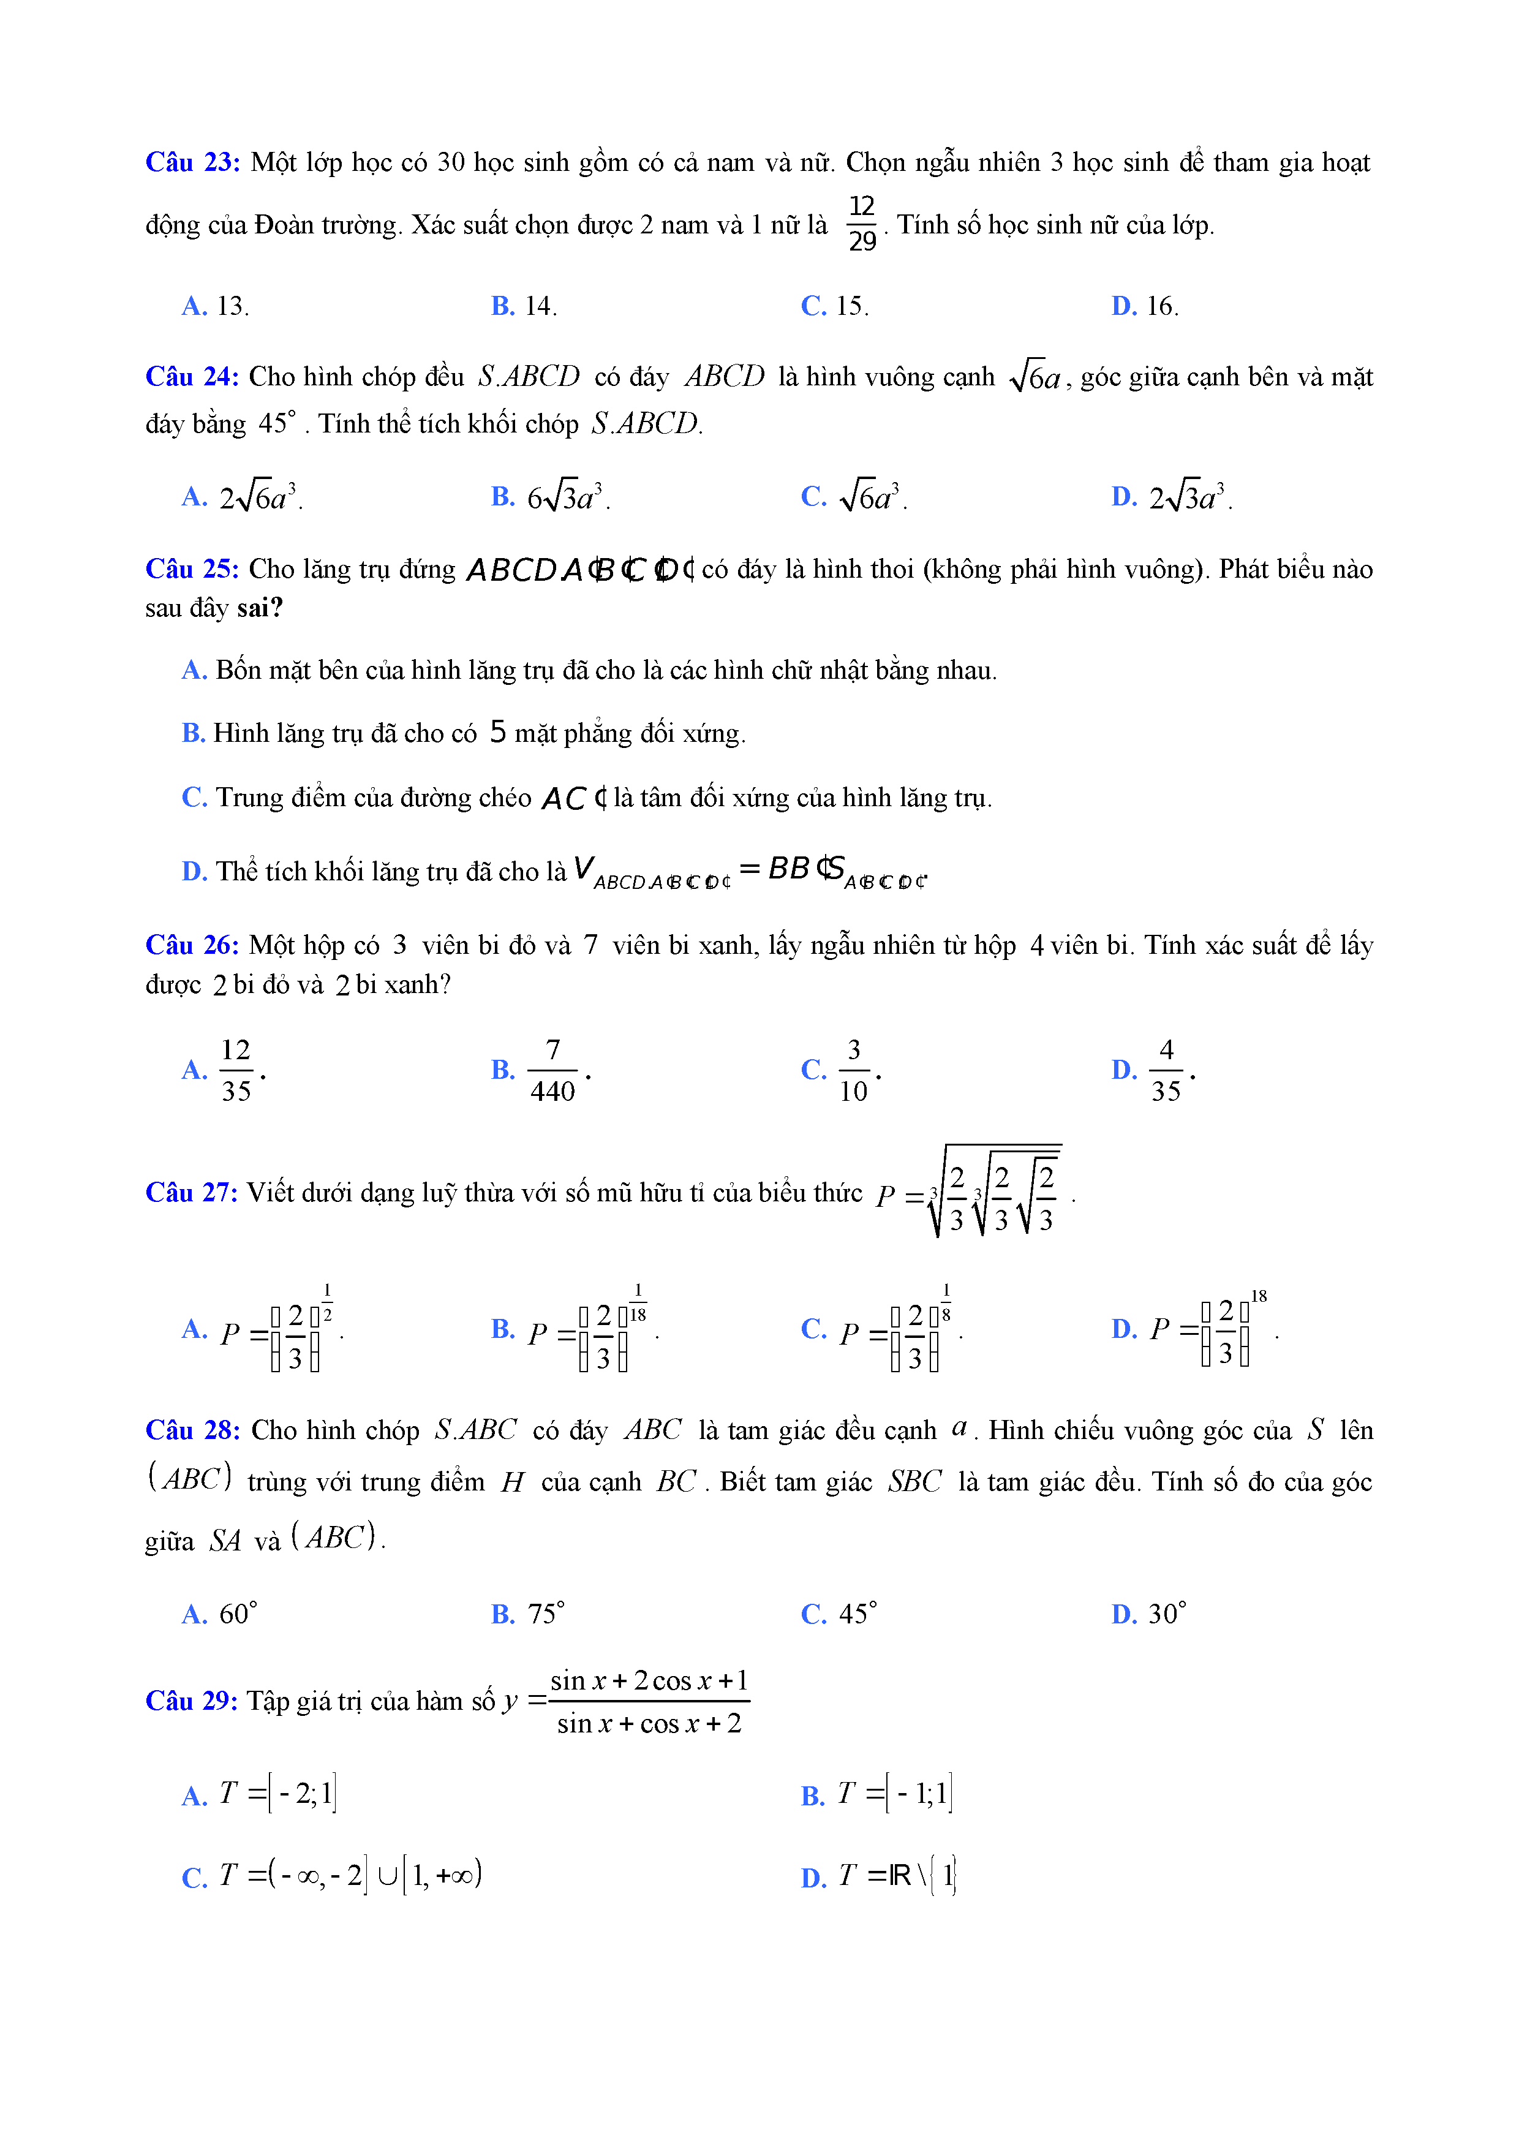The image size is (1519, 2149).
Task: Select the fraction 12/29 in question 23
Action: (x=861, y=224)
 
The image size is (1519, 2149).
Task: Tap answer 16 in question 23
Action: (x=1161, y=306)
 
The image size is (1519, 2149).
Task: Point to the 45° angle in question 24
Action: (x=277, y=423)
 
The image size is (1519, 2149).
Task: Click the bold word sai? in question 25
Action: (x=259, y=608)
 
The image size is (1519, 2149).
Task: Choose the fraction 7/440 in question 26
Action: (x=552, y=1070)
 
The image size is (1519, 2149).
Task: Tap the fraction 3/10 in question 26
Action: (x=853, y=1070)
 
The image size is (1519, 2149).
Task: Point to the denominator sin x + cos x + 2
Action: (x=649, y=1724)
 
